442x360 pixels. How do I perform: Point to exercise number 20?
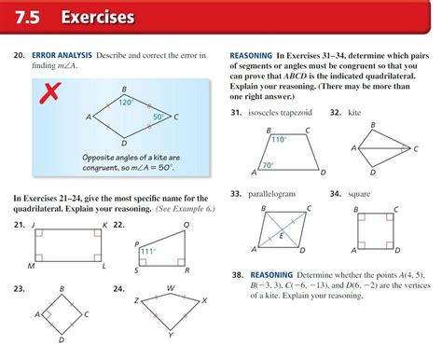[x=18, y=56]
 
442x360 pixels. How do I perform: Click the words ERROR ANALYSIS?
[x=62, y=56]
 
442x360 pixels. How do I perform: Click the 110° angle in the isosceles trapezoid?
[x=278, y=139]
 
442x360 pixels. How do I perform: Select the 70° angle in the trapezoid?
[x=268, y=165]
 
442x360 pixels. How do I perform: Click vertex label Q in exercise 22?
[x=186, y=225]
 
